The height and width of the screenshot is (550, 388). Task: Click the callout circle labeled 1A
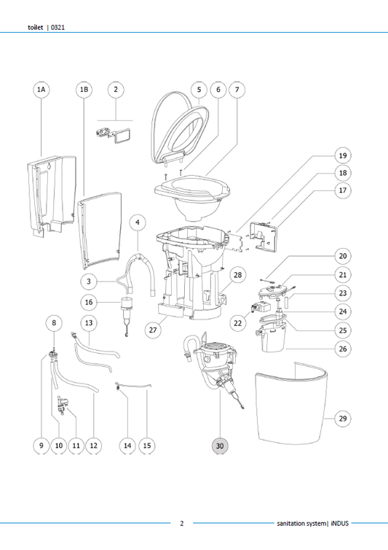(41, 89)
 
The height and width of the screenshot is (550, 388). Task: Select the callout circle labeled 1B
(84, 89)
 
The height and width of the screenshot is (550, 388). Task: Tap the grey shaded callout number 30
(220, 444)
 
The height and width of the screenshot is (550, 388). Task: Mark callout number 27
(154, 330)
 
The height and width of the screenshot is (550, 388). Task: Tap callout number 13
(87, 322)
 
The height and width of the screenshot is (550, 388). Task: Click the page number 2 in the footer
(181, 523)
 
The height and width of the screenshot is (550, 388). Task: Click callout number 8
(53, 322)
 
